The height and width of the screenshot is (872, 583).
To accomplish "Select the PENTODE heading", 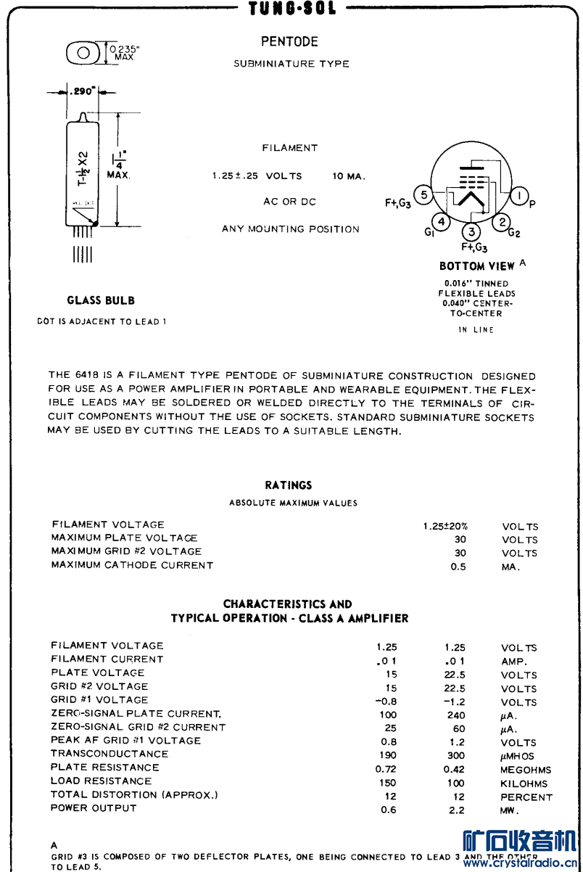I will click(289, 42).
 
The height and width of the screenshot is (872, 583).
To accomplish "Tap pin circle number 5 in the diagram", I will click(424, 196).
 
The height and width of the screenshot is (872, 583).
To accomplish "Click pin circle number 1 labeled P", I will click(518, 196).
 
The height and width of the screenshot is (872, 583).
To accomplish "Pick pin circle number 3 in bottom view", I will click(472, 232).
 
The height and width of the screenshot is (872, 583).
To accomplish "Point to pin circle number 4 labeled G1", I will click(442, 222).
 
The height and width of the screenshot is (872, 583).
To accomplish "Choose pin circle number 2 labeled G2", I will click(501, 222).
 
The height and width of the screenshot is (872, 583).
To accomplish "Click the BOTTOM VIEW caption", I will click(476, 266).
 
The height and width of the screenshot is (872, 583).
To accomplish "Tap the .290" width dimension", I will click(82, 92).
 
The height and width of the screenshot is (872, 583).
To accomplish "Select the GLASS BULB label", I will click(101, 300).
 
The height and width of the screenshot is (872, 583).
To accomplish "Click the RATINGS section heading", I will click(288, 485).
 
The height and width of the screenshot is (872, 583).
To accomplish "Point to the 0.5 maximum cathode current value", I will click(458, 567).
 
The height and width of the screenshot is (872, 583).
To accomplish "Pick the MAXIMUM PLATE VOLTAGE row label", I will click(124, 538).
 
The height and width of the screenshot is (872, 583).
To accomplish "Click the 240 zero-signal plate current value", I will click(456, 715).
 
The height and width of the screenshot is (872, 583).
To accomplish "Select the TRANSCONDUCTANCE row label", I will click(109, 754).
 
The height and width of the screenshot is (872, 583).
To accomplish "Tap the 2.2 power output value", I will click(456, 810).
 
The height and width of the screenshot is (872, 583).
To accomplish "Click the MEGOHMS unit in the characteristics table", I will click(525, 770).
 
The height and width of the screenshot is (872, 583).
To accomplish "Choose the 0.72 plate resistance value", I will click(388, 769).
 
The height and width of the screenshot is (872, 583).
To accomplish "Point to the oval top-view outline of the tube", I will click(84, 52).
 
